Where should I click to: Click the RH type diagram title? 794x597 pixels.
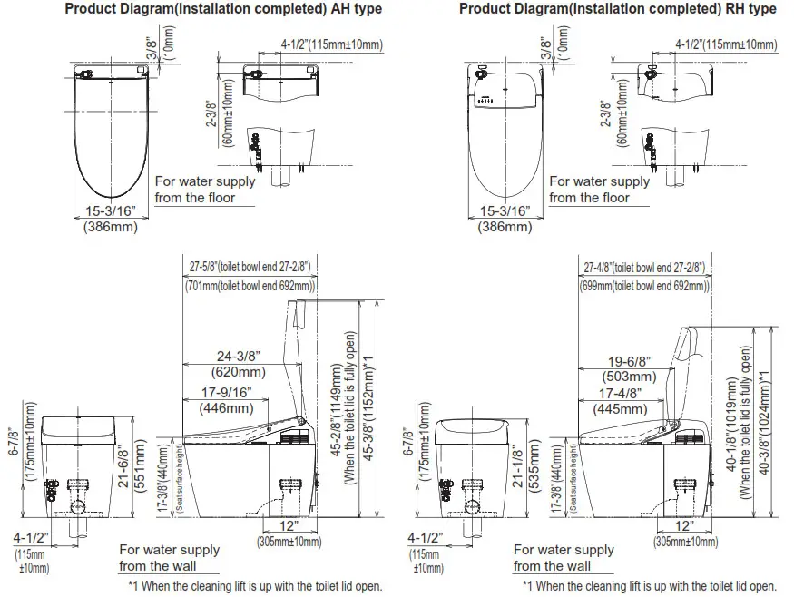(x=617, y=10)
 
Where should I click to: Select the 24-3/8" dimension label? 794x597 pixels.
(x=238, y=356)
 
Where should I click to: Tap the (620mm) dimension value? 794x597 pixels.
(x=238, y=372)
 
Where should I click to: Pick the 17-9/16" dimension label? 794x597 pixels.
(x=222, y=393)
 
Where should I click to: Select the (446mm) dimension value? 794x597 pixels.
(x=222, y=408)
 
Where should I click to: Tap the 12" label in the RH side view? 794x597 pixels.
(x=685, y=526)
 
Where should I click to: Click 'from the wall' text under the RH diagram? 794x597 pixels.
(x=552, y=566)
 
